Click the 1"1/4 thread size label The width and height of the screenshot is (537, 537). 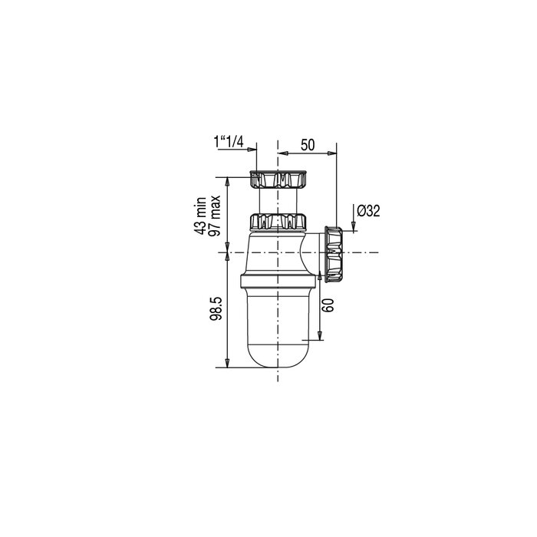(x=229, y=142)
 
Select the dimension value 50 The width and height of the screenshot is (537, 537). (x=308, y=145)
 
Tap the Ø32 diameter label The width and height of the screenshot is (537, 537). (x=368, y=211)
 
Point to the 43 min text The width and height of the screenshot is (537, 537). (x=199, y=216)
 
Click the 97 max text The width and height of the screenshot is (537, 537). (x=214, y=216)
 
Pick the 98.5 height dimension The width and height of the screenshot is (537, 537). (x=216, y=308)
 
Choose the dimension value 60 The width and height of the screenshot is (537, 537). (x=328, y=305)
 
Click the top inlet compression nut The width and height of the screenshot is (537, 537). (x=278, y=179)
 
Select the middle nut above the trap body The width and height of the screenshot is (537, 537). (x=278, y=222)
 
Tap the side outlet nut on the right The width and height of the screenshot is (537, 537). (x=333, y=254)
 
